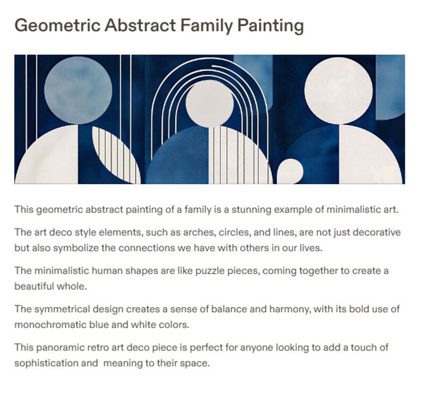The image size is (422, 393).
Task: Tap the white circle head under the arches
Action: tap(209, 103)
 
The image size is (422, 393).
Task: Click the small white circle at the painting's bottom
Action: tap(290, 171)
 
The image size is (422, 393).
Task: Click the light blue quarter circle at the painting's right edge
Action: tap(391, 88)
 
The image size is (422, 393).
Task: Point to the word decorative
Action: tap(379, 233)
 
